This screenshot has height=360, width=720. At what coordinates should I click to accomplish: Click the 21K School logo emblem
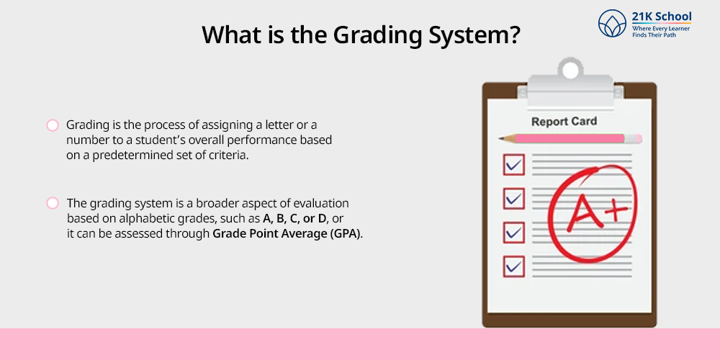612,23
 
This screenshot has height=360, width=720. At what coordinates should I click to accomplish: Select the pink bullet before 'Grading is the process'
53,125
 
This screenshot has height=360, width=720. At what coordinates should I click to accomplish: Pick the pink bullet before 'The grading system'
53,203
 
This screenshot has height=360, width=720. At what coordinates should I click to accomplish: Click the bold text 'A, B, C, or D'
294,218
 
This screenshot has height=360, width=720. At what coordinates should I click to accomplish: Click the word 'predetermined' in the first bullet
150,156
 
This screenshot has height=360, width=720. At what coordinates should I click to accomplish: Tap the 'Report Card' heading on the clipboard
564,122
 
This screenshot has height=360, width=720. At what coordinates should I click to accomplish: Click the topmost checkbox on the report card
514,164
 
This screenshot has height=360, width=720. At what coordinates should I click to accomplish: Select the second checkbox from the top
514,199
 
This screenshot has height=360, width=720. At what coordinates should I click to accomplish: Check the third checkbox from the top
514,232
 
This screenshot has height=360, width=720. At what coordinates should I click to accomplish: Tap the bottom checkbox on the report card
514,266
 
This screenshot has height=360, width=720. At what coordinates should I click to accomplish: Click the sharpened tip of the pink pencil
500,138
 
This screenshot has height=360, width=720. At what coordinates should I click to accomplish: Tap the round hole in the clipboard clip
570,70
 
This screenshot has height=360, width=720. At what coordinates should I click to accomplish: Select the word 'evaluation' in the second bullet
322,203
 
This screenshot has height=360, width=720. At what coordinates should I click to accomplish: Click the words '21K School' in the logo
661,17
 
